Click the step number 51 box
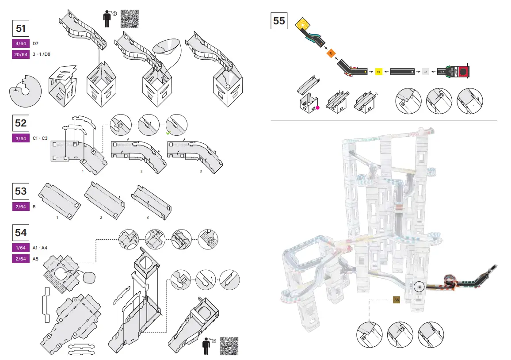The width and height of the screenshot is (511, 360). point(21,28)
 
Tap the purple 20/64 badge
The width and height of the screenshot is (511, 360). point(21,54)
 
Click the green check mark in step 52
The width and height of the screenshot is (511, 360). point(168,132)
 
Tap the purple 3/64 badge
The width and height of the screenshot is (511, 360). point(21,138)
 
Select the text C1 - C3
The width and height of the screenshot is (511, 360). point(40,138)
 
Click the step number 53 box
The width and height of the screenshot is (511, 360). point(21,191)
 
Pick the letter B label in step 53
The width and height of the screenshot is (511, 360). point(34,207)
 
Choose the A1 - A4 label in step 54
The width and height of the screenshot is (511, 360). point(40,248)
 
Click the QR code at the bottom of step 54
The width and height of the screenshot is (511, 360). point(229,345)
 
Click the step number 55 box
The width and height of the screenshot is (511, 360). point(279,21)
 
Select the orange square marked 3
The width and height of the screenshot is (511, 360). point(331,53)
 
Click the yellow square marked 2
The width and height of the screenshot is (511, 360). point(378,71)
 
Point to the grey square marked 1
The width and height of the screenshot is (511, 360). point(425,71)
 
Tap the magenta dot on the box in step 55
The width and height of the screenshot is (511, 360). point(317,107)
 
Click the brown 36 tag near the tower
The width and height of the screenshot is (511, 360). point(397,300)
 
